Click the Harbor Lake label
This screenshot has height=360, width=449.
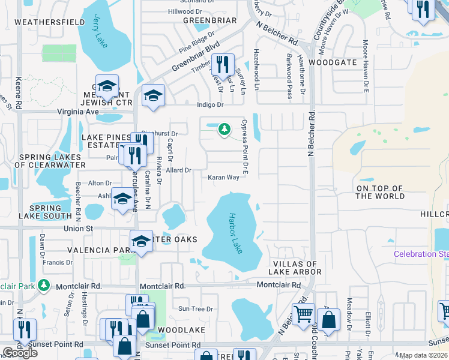tap(236, 233)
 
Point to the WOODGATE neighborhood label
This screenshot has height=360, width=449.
tap(333, 62)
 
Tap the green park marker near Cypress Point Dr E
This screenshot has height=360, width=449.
tap(224, 129)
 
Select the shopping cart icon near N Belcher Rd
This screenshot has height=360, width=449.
tap(303, 314)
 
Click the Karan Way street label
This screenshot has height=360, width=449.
tap(224, 178)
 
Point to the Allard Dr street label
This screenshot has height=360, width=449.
tap(178, 170)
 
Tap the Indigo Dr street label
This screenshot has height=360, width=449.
tap(210, 104)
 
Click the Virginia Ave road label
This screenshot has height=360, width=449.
tap(77, 112)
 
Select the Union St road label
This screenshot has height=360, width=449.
tap(79, 229)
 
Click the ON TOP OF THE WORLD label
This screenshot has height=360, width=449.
tap(381, 192)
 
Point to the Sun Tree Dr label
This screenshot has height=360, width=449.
tap(196, 309)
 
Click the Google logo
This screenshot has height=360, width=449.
tap(20, 353)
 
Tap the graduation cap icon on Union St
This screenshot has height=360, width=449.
tap(141, 242)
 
